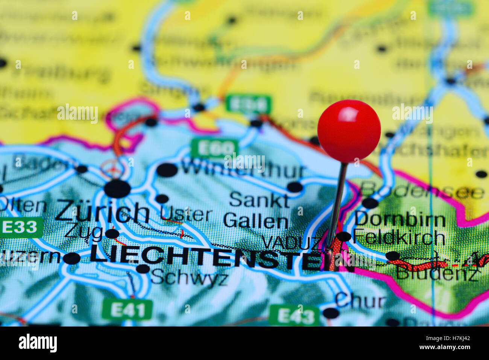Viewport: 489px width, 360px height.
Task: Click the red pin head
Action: tap(349, 131)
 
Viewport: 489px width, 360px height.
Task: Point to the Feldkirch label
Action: tap(399, 237)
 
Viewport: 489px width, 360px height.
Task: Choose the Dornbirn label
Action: tap(400, 219)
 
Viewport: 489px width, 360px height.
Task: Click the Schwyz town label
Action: tap(189, 278)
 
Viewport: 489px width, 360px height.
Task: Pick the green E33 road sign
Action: tap(21, 227)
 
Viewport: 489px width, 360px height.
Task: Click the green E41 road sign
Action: tap(127, 310)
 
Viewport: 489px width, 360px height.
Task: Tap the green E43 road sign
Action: tap(294, 316)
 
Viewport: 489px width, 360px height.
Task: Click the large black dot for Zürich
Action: tap(117, 188)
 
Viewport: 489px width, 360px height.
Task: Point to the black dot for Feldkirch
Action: tap(343, 237)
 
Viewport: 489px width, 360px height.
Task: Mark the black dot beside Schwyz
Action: tap(143, 269)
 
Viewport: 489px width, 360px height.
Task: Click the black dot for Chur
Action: tap(331, 313)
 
